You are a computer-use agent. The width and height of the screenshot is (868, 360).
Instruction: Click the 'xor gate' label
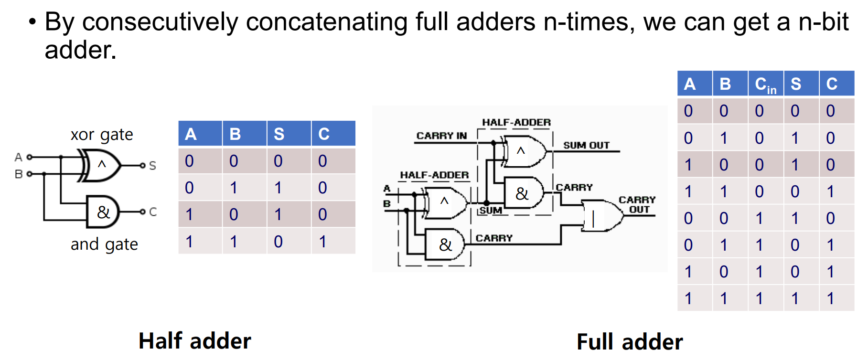pos(102,135)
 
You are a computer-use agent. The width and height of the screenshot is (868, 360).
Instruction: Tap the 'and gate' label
pos(104,244)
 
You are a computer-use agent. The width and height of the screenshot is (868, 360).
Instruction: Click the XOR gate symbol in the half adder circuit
pos(101,165)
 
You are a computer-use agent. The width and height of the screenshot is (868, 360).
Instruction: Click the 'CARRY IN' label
pos(441,136)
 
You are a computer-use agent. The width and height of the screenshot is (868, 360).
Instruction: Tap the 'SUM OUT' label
pos(586,145)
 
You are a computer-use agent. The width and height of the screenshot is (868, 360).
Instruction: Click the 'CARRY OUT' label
pos(637,204)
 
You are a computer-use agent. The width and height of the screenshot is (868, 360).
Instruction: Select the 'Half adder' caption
pos(194,341)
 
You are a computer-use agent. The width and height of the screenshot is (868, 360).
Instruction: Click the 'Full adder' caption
pos(630,342)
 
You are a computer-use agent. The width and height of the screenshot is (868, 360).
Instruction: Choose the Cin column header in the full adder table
pos(765,85)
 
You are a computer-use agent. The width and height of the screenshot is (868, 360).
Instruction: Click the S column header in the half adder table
pos(279,134)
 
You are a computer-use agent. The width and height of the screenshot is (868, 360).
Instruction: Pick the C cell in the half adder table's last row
pos(323,242)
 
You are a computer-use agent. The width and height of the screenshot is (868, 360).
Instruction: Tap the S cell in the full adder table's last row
pos(795,298)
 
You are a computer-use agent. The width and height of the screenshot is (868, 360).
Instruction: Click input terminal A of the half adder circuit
pos(29,157)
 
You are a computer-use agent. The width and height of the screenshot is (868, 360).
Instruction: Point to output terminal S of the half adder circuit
pos(142,165)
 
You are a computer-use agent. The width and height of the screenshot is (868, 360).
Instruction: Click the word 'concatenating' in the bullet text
pos(326,22)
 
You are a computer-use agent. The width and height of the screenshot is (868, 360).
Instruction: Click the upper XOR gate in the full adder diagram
pos(523,151)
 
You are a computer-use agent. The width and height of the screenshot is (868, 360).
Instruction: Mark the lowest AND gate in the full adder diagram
pos(445,244)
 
